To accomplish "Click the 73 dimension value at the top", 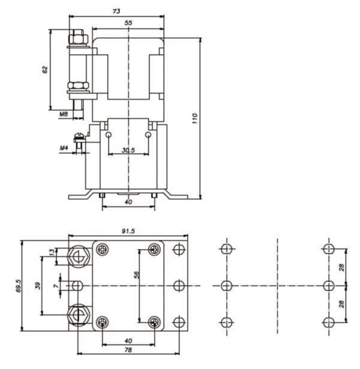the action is coord(116,11).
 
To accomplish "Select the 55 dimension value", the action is coord(128,23).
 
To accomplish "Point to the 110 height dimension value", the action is coord(194,118).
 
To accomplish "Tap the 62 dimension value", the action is coord(45,70).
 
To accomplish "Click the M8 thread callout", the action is coord(64,114).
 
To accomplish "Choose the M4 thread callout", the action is coord(64,148).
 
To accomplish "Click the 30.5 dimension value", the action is coord(128,150).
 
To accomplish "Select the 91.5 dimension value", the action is coord(128,231).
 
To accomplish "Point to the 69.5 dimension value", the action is coord(19,286).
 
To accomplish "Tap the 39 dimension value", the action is coord(38,286).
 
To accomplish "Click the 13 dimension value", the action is coord(52,252).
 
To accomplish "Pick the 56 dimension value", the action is coord(136,275).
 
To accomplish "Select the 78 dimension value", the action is coord(128,350).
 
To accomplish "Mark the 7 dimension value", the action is coord(56,286).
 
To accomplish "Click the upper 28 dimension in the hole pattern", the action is coord(341,267).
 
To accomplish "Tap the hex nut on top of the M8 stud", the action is coord(78,38).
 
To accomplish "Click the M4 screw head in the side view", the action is coord(79,137).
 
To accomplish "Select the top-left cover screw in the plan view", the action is coord(103,249).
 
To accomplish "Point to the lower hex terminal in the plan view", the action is coord(79,315).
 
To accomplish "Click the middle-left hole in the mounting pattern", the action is coord(227,286).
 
